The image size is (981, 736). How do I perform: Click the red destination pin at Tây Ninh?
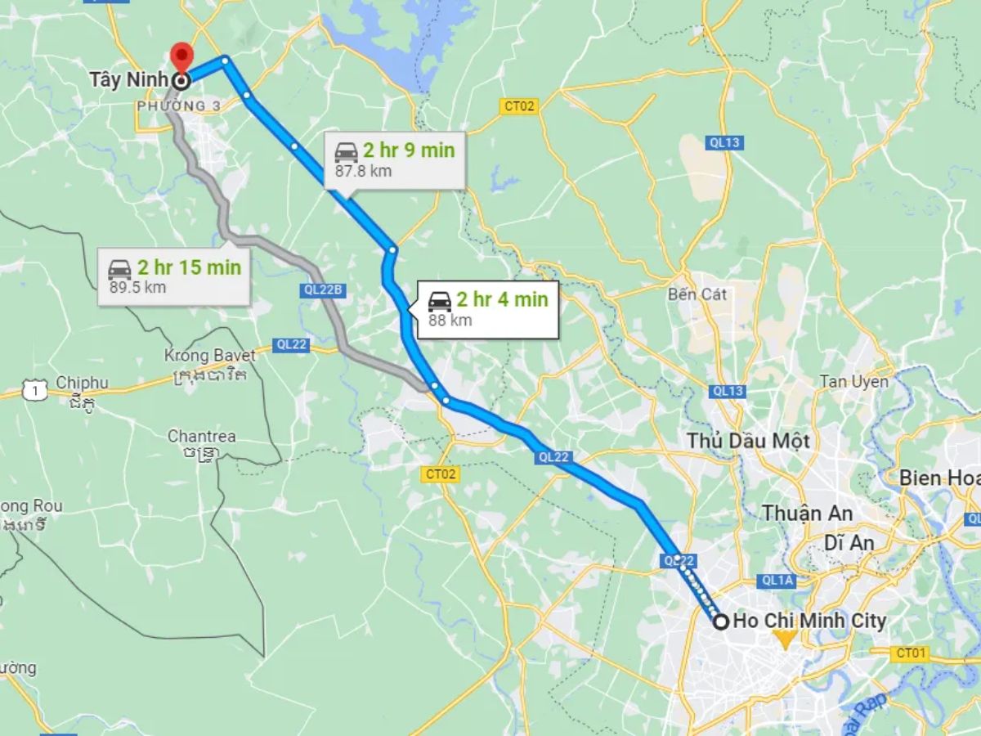pos(181,58)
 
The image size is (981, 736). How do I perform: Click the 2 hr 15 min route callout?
pos(174,276)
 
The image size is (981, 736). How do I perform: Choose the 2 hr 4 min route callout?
pos(488,308)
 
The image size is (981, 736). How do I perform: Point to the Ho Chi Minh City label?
pos(809,622)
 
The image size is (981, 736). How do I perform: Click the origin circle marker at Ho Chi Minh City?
pos(721,622)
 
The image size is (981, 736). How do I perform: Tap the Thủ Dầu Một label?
pos(748,441)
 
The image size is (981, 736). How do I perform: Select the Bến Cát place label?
pos(697,294)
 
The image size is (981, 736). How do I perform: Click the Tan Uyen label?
pos(854,382)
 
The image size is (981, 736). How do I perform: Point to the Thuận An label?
pos(808,514)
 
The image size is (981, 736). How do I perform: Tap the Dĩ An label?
pos(849,542)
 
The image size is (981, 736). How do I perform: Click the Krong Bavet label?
pos(210,356)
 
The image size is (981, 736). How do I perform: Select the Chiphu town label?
pos(82,384)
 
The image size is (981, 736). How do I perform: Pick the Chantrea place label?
pos(201,436)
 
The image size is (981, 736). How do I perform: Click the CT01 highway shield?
pos(910,653)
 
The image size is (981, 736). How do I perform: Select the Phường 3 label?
pos(173,106)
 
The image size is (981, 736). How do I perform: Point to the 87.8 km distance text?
pos(363,171)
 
